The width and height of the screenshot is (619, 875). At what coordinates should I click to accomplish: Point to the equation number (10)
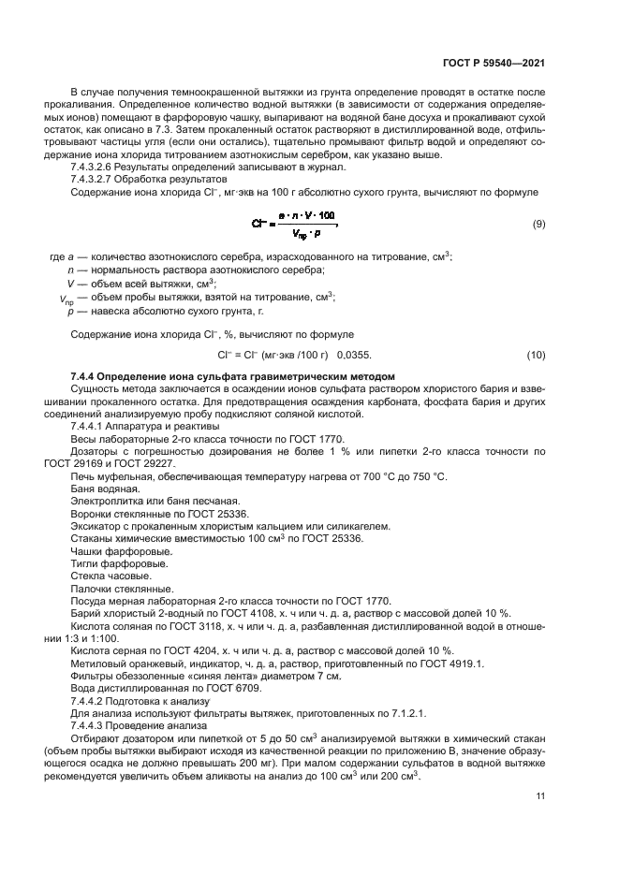(x=537, y=355)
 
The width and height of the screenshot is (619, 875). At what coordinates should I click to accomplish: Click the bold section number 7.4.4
(x=85, y=376)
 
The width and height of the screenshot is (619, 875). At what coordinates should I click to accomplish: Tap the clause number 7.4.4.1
(x=87, y=427)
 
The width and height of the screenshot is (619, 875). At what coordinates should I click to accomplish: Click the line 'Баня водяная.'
(x=106, y=489)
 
